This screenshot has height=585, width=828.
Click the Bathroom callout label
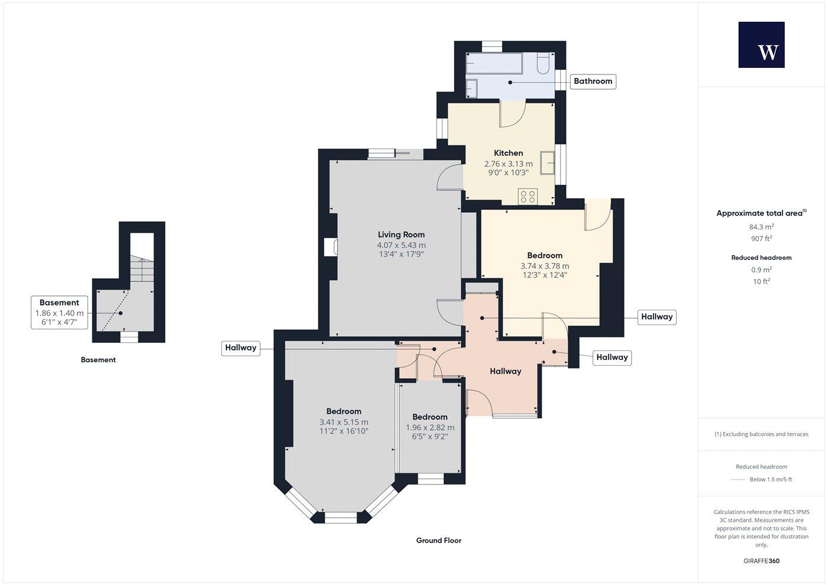tap(593, 81)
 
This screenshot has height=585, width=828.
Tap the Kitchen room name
tap(508, 153)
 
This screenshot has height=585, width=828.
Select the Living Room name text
tap(401, 235)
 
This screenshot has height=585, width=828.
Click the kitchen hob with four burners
tap(528, 196)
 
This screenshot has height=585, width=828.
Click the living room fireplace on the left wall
tap(331, 247)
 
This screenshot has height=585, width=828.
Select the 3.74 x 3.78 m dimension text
tap(545, 266)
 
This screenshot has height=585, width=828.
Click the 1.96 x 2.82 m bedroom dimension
tap(430, 428)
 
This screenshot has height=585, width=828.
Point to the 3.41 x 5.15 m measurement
tap(344, 422)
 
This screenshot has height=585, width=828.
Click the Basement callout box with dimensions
tap(59, 313)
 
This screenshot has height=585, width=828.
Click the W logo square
tap(761, 45)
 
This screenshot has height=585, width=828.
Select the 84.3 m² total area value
tap(761, 226)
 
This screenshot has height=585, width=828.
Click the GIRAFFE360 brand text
tap(761, 561)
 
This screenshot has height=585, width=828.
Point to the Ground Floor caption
tap(438, 540)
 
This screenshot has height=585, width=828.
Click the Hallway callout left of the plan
tap(241, 347)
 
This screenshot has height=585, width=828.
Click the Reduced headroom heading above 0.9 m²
tap(761, 258)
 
